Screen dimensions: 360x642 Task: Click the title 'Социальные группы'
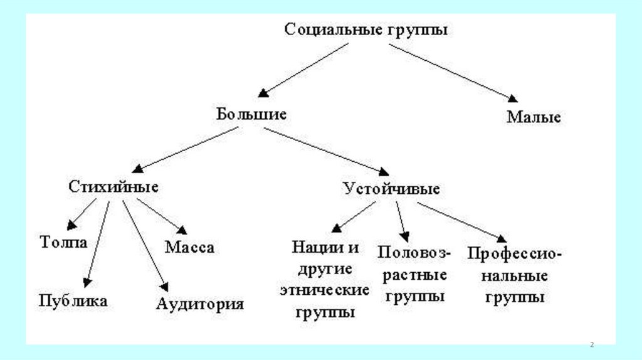(x=366, y=29)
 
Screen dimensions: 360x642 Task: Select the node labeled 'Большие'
(x=251, y=114)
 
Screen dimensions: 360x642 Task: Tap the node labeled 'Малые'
(x=534, y=117)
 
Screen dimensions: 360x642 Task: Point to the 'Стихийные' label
(x=113, y=187)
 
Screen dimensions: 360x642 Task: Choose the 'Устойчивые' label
(x=391, y=188)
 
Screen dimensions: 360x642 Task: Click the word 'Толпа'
(x=63, y=242)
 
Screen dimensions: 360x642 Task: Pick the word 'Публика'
(x=73, y=300)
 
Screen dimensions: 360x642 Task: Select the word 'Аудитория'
(x=199, y=304)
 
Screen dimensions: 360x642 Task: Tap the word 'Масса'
(x=189, y=247)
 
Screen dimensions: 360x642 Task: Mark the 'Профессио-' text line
(x=515, y=255)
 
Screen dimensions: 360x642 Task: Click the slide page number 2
(x=592, y=345)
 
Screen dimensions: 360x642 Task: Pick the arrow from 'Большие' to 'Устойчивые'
(x=326, y=149)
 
